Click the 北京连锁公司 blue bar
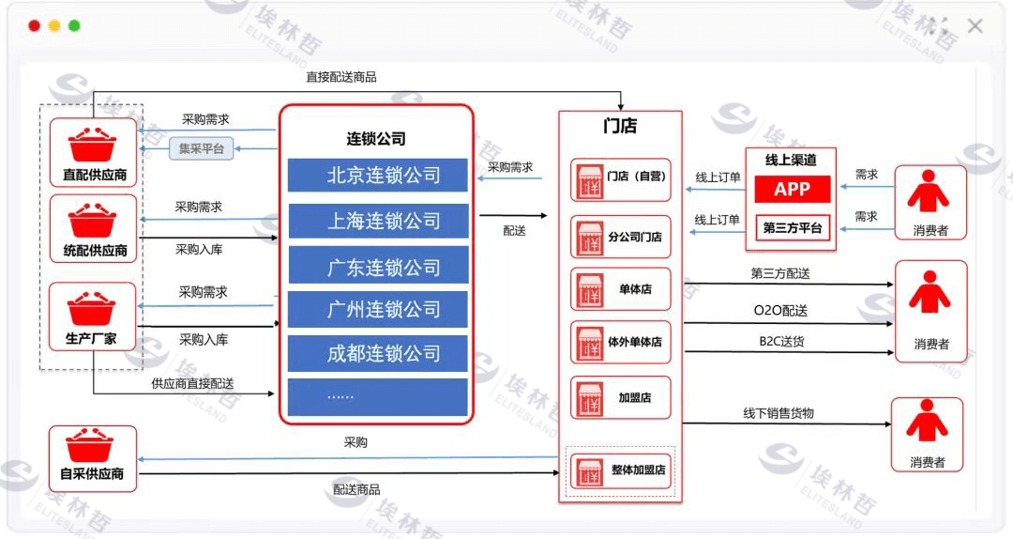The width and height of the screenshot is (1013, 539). click(377, 176)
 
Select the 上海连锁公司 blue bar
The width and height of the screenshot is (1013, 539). click(377, 221)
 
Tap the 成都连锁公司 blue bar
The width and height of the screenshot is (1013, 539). click(377, 353)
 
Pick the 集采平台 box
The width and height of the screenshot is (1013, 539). click(202, 148)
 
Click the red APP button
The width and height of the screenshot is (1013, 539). click(792, 189)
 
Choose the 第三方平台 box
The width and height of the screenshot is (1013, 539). click(793, 227)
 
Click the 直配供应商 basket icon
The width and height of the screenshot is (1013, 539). click(92, 144)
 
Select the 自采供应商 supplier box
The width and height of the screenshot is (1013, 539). click(92, 458)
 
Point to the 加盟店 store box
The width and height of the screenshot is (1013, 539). click(621, 396)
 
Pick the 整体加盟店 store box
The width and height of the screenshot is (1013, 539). click(621, 470)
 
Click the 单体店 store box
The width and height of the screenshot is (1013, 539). click(621, 289)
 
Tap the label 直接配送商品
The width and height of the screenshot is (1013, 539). click(341, 77)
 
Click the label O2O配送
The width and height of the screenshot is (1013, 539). click(780, 311)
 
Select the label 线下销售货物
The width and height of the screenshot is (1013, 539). click(779, 412)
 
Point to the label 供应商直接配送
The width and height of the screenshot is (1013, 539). click(192, 383)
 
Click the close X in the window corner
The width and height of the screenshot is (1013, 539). click(975, 26)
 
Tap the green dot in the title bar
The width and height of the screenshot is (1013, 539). click(75, 26)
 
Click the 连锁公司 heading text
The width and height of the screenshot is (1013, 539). click(376, 140)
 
